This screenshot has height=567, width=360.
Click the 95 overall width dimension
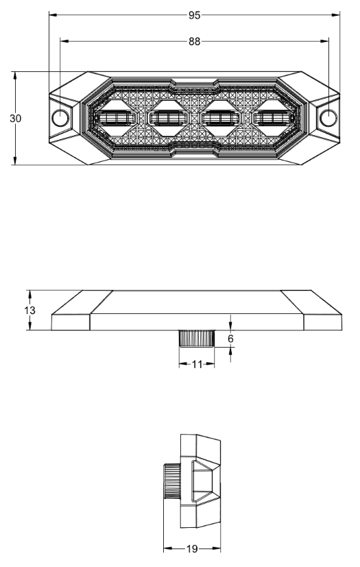(195, 14)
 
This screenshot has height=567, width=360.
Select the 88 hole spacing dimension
(195, 42)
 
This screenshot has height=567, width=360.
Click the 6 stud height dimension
(231, 339)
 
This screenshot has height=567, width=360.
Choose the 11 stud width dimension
(197, 365)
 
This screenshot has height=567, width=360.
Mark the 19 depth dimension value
(193, 548)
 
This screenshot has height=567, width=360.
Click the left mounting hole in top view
(61, 117)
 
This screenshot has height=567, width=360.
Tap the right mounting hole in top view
(328, 117)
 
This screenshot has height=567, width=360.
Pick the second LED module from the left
(169, 119)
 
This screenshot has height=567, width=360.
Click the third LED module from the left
(221, 119)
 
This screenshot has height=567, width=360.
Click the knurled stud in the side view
(197, 339)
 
